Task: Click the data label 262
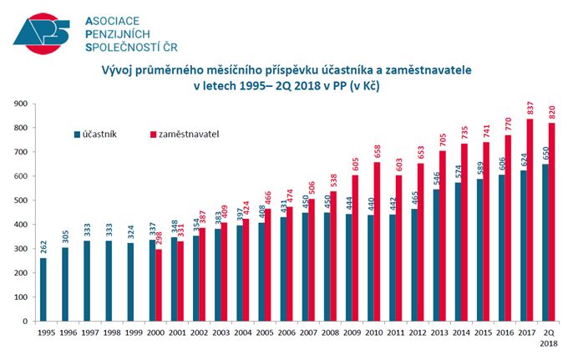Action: pyautogui.click(x=44, y=247)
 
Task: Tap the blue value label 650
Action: pyautogui.click(x=545, y=154)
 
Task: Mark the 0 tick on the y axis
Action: pyautogui.click(x=25, y=321)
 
